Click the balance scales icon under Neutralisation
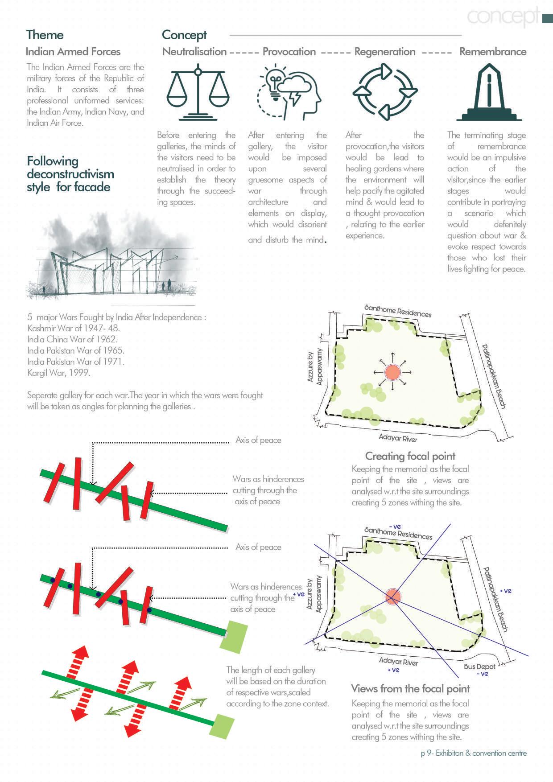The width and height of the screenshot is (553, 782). coord(198,92)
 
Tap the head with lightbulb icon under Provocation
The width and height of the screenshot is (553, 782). coord(289,93)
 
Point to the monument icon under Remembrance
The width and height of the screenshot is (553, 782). coord(489,92)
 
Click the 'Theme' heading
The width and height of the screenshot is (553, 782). coord(45,35)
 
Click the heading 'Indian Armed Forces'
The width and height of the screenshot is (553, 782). coord(73,52)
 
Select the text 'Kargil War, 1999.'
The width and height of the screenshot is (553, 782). coord(58,373)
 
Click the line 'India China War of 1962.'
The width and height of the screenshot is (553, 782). coord(72,339)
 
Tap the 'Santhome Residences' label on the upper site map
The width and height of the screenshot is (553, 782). coord(398,311)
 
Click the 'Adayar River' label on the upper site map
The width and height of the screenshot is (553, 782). coord(398,438)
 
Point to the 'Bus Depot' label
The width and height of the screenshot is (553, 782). coord(479,667)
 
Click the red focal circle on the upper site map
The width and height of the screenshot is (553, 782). coord(392,372)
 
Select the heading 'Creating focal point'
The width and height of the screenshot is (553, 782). coord(410,456)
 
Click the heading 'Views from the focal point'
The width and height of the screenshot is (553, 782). coord(410,688)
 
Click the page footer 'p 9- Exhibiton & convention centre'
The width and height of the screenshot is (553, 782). coord(474,753)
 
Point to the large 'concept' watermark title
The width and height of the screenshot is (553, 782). coord(503,16)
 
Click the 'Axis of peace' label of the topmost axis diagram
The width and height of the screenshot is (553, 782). coord(258,440)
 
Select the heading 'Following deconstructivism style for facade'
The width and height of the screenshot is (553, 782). coord(70,174)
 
